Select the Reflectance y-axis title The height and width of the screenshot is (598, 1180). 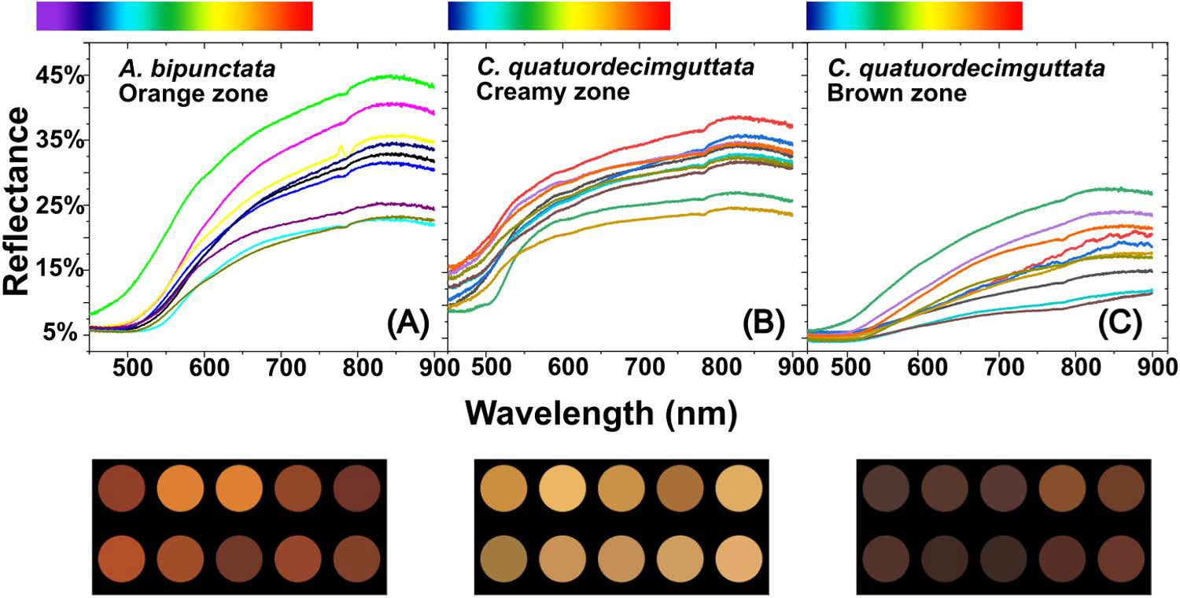(17, 203)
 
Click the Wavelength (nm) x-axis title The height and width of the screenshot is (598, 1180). (601, 412)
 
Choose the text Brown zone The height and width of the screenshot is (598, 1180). (898, 94)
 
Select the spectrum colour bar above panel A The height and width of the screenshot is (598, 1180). (175, 17)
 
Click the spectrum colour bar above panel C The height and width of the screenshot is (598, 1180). (914, 17)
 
